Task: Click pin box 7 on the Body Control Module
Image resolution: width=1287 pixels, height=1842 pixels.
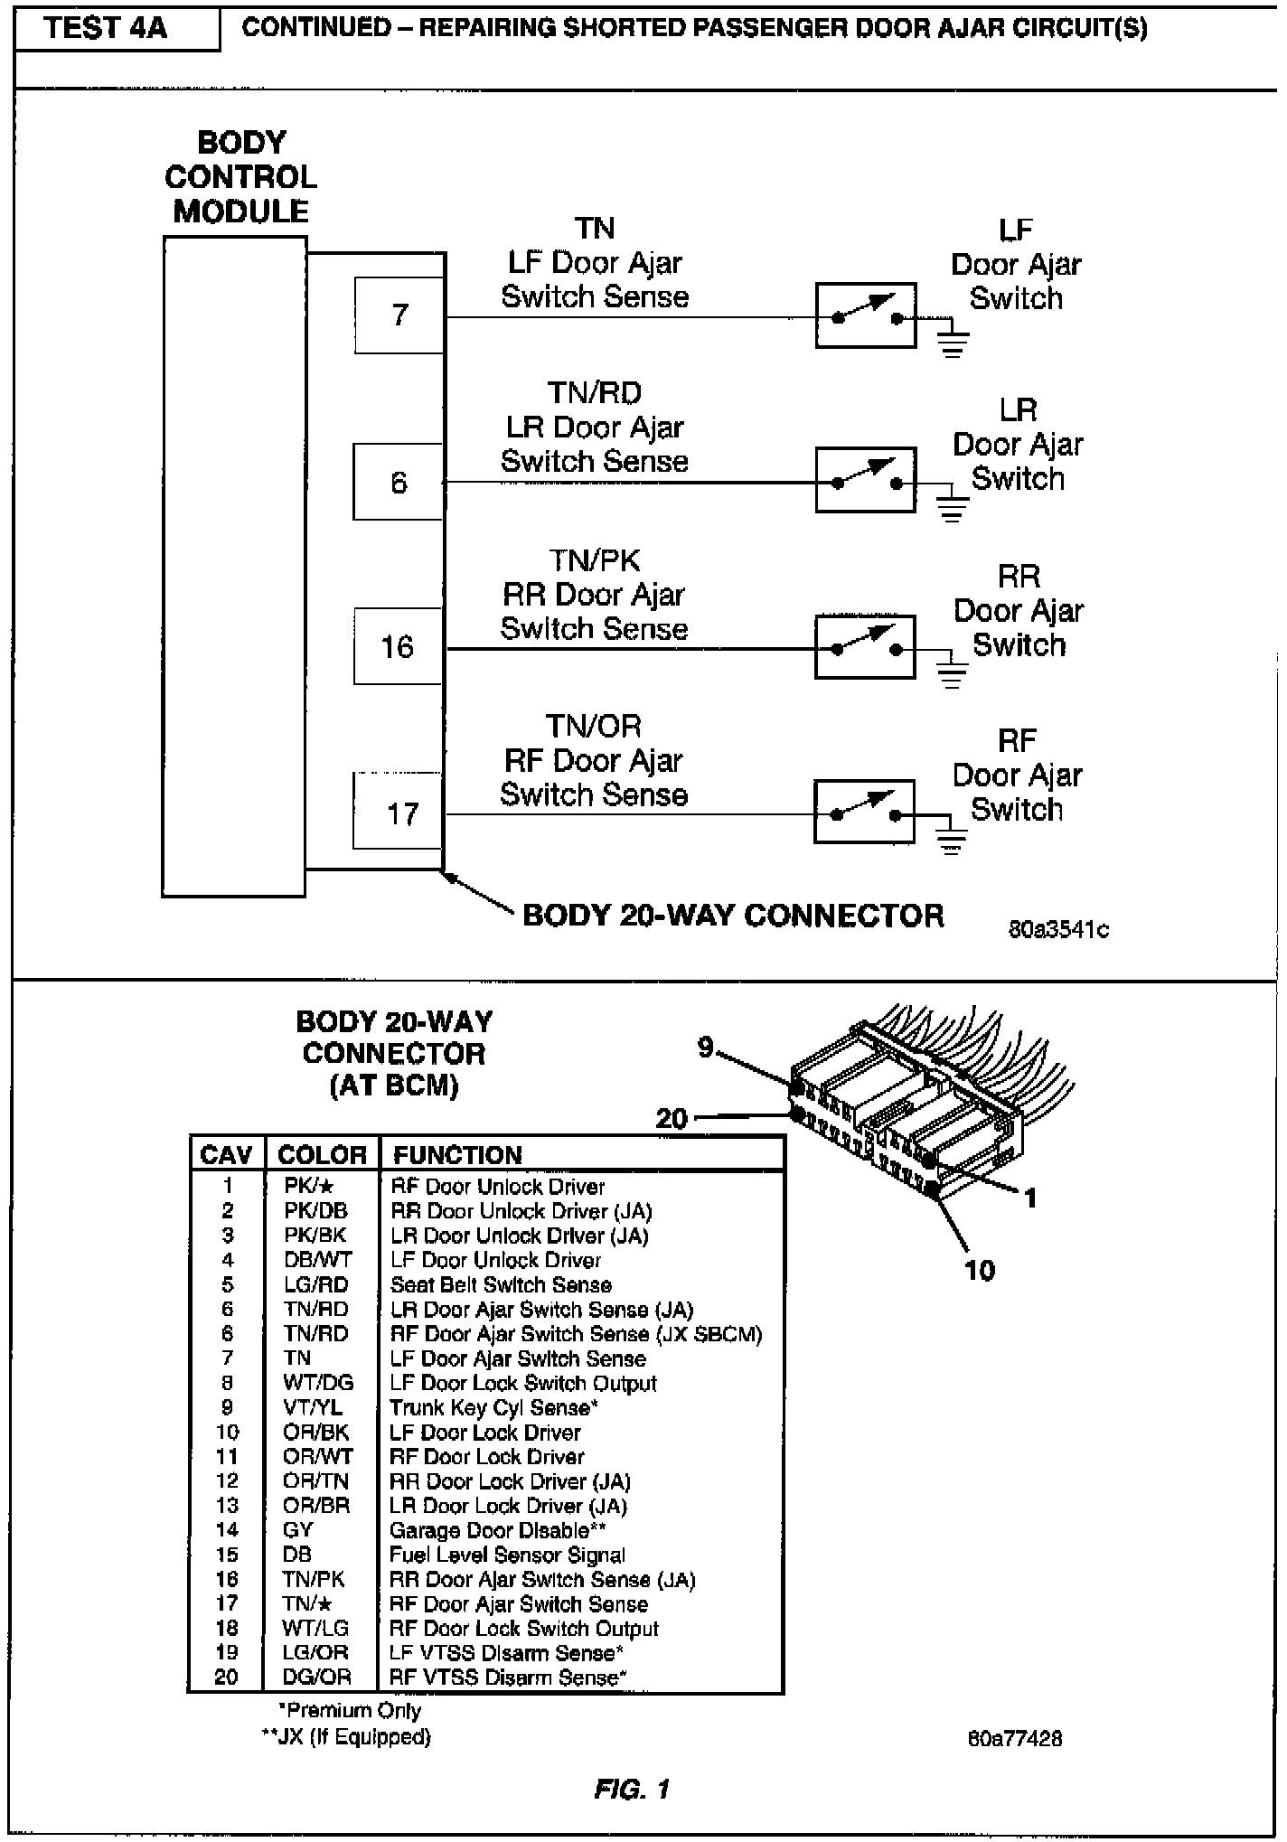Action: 399,315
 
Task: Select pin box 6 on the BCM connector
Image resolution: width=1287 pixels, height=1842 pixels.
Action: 399,482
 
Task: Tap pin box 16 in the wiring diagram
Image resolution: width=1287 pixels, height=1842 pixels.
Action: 398,646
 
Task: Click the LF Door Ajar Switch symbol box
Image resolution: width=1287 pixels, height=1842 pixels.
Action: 865,315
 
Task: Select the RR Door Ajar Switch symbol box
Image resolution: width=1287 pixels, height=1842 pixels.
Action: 865,647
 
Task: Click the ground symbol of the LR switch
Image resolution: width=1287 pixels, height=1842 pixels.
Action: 951,508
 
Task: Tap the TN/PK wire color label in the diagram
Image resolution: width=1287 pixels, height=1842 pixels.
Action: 594,560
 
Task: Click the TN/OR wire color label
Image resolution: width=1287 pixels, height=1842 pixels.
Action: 593,726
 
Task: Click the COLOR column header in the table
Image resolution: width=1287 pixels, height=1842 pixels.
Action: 322,1155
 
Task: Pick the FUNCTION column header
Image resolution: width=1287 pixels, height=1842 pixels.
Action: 457,1155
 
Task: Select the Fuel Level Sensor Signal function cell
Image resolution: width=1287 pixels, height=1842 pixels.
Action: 507,1555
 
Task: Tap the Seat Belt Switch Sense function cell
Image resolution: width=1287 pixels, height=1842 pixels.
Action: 501,1284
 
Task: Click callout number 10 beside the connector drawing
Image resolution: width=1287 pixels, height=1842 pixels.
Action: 979,1270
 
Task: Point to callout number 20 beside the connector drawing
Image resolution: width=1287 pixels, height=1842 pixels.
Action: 672,1118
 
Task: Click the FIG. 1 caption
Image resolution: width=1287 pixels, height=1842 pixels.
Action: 632,1789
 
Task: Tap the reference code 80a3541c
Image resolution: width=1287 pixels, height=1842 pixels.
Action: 1058,929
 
